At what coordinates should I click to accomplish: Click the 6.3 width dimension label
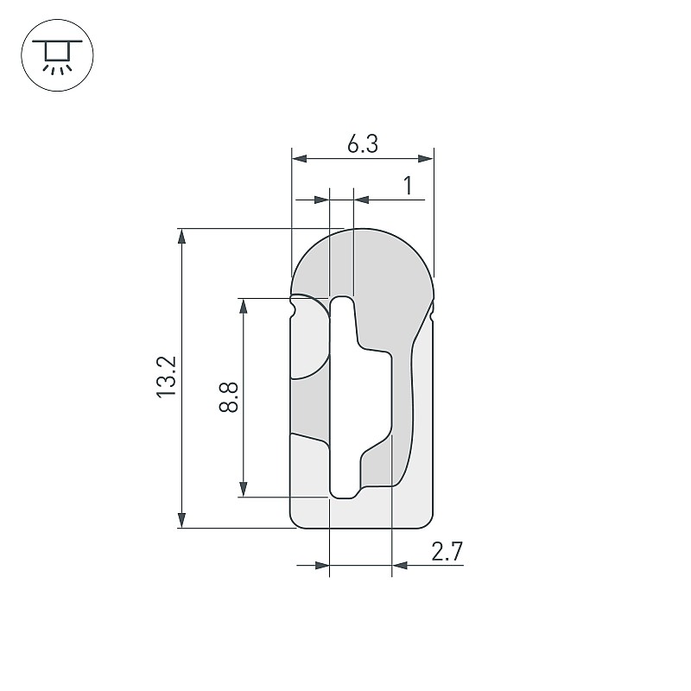[x=362, y=143]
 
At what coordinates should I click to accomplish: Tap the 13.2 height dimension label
[x=167, y=377]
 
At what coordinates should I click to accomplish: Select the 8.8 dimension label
[x=228, y=396]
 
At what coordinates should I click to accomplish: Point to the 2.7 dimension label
[x=447, y=551]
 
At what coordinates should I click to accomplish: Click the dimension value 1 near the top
[x=408, y=186]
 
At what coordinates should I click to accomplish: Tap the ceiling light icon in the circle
[x=57, y=55]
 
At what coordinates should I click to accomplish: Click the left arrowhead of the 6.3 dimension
[x=300, y=158]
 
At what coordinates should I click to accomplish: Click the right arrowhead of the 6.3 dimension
[x=425, y=158]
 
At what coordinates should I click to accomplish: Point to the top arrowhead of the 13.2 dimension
[x=181, y=237]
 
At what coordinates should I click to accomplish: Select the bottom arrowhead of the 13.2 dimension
[x=181, y=520]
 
